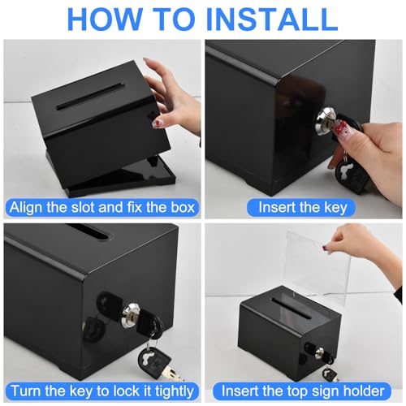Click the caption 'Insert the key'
(303, 208)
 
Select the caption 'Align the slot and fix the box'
(102, 208)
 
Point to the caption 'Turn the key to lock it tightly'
(102, 391)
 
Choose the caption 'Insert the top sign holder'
(303, 391)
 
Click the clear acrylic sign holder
(318, 270)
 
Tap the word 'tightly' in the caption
(175, 391)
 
